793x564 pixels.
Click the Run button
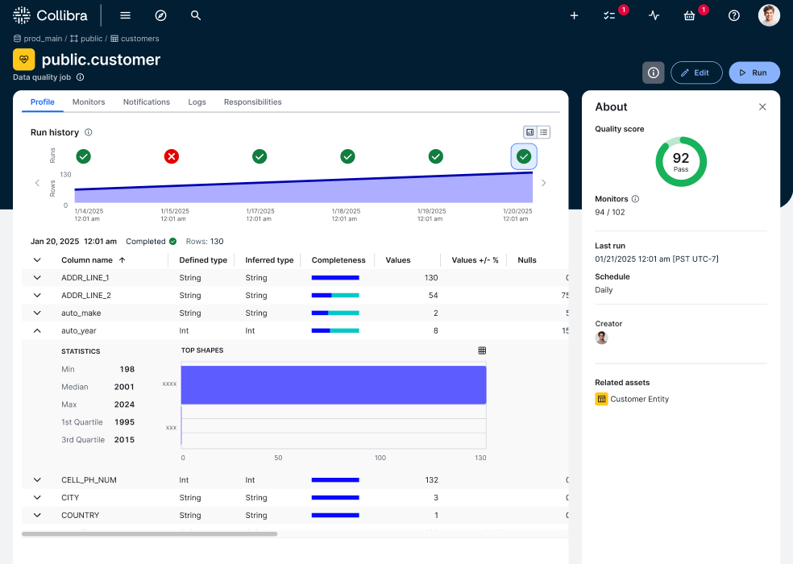pyautogui.click(x=754, y=73)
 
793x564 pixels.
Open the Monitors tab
pyautogui.click(x=89, y=102)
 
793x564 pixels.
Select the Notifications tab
pyautogui.click(x=147, y=102)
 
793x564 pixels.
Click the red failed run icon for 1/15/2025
pyautogui.click(x=172, y=156)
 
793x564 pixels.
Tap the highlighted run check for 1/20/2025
pyautogui.click(x=524, y=156)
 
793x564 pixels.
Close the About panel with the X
pyautogui.click(x=762, y=107)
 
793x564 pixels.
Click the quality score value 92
pyautogui.click(x=681, y=159)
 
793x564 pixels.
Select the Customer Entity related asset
pyautogui.click(x=639, y=399)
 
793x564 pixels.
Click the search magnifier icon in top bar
pyautogui.click(x=196, y=15)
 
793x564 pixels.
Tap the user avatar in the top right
pyautogui.click(x=769, y=15)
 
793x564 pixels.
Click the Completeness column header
pyautogui.click(x=338, y=260)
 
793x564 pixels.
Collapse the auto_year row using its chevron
pyautogui.click(x=37, y=330)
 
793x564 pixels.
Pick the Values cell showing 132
pyautogui.click(x=431, y=480)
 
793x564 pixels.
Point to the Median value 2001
pyautogui.click(x=124, y=387)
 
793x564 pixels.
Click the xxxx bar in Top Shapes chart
pyautogui.click(x=333, y=384)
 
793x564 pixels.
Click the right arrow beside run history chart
pyautogui.click(x=543, y=183)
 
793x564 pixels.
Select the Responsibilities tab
pyautogui.click(x=252, y=102)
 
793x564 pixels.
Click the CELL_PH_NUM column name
pyautogui.click(x=89, y=480)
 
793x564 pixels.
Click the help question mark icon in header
pyautogui.click(x=733, y=15)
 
